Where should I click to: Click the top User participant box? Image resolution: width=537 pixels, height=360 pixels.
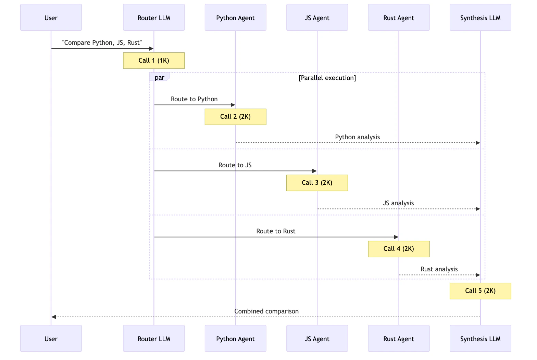[51, 17]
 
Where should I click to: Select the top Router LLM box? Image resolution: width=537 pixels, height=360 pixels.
[154, 17]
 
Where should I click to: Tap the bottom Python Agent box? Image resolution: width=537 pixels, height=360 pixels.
[235, 338]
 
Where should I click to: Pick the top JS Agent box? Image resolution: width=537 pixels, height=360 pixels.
[317, 17]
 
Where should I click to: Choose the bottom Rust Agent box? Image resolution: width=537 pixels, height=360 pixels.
[399, 338]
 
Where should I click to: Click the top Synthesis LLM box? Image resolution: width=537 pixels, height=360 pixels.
[480, 17]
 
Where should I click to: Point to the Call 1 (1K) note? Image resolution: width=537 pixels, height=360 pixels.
[154, 61]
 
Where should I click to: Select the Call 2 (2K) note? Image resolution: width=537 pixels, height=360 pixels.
[235, 117]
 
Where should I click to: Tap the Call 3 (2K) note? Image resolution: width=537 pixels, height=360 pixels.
[317, 183]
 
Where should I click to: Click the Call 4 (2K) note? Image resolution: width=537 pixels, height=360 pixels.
[399, 249]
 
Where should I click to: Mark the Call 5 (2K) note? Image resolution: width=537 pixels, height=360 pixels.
[480, 291]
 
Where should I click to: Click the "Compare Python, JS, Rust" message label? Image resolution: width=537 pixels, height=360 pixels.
[102, 43]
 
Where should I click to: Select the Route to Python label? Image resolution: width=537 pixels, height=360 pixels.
[194, 99]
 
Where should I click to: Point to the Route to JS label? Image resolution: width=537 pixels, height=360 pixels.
[235, 165]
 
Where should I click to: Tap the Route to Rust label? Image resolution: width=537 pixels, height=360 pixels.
[276, 231]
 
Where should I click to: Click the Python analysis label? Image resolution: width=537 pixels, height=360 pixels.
[358, 137]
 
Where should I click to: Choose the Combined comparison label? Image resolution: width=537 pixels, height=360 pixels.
[266, 311]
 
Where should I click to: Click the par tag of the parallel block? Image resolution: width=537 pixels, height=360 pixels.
[160, 77]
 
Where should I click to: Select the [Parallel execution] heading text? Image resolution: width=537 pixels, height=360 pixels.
[327, 78]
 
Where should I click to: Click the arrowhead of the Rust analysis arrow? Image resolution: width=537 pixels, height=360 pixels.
[478, 275]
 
